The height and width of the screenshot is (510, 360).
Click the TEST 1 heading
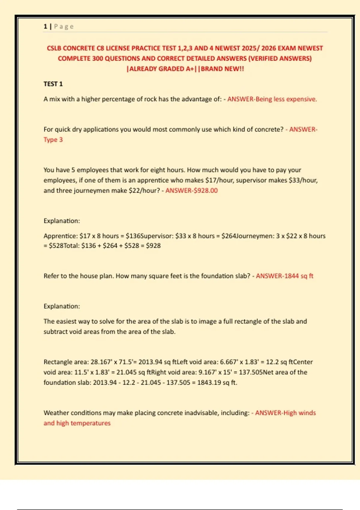[53, 84]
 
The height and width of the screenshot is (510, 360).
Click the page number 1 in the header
[45, 26]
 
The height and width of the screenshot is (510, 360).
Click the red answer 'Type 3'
[53, 140]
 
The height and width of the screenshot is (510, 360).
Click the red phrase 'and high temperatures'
[77, 423]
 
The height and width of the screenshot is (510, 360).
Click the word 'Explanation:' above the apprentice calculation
[62, 221]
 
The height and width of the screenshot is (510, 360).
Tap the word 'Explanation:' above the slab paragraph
[62, 307]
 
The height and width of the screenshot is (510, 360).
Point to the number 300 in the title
[97, 58]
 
